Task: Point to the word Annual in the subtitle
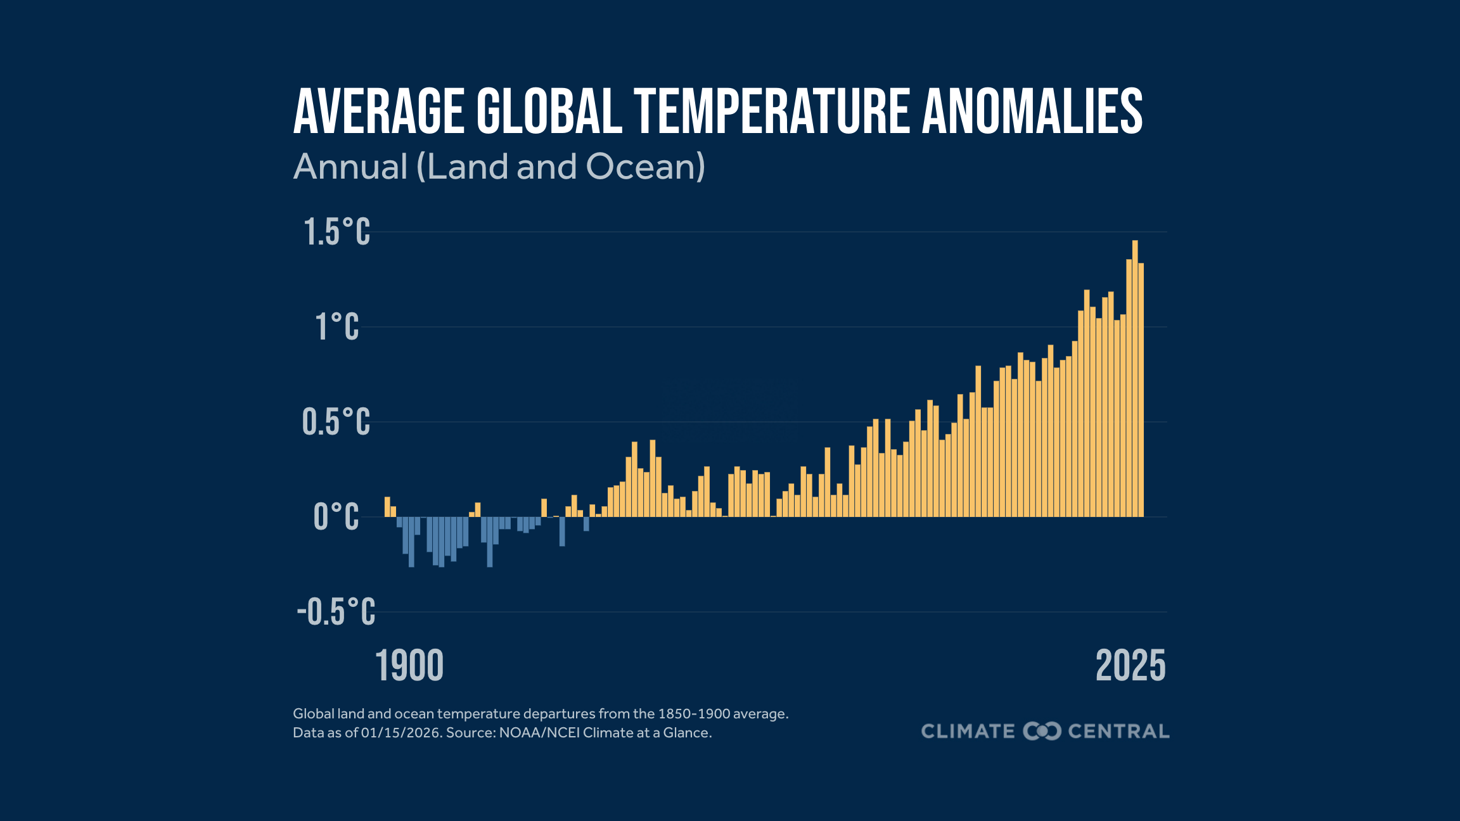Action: click(x=350, y=167)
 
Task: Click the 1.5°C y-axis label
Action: click(x=336, y=232)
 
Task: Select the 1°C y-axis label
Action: click(x=336, y=327)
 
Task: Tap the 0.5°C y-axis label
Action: click(x=336, y=422)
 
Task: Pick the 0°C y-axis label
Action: click(x=336, y=517)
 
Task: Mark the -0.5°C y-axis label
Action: click(x=336, y=612)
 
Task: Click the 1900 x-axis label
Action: click(x=409, y=666)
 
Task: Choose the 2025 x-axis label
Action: click(x=1130, y=666)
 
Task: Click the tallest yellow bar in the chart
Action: click(x=1135, y=380)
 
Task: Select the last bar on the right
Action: click(x=1141, y=393)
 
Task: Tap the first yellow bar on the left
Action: click(x=387, y=507)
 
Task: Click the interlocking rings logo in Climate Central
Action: click(x=1042, y=731)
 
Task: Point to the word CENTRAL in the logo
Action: click(x=1118, y=731)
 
